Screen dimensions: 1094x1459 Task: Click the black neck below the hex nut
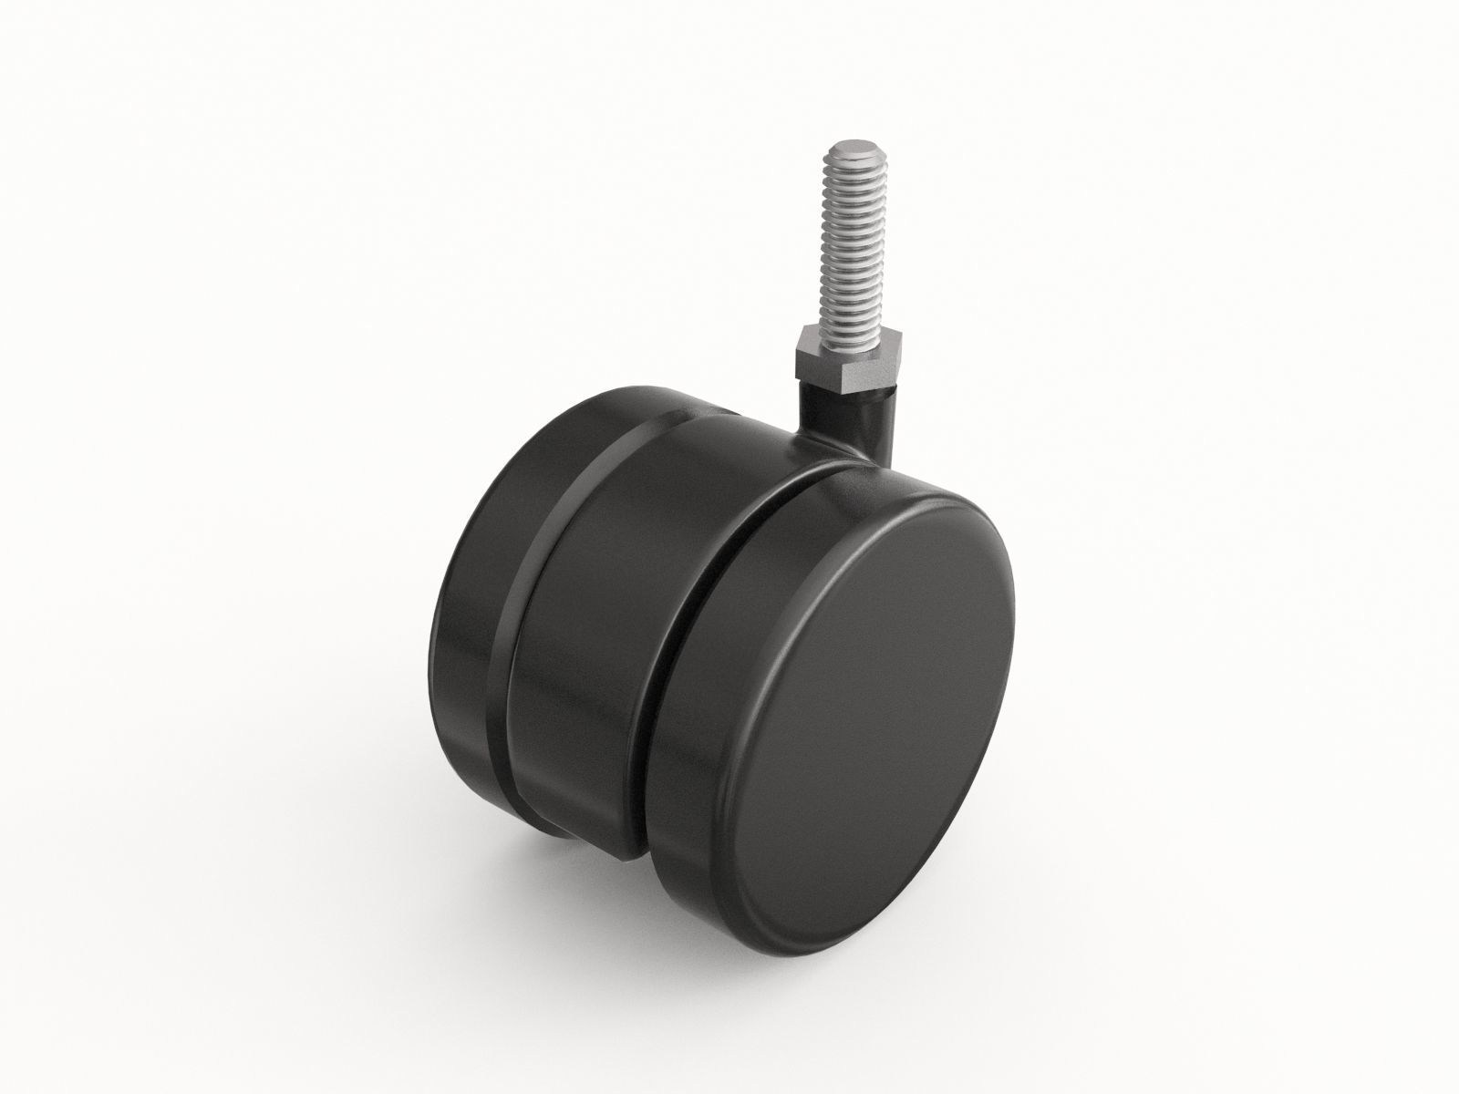[x=822, y=401]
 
